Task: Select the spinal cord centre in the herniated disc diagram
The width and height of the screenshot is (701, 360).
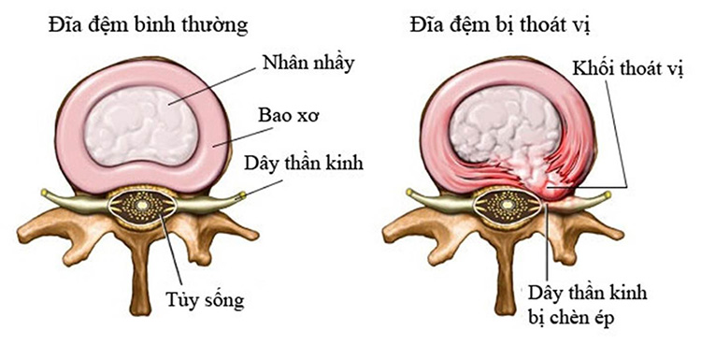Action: [x=505, y=202]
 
